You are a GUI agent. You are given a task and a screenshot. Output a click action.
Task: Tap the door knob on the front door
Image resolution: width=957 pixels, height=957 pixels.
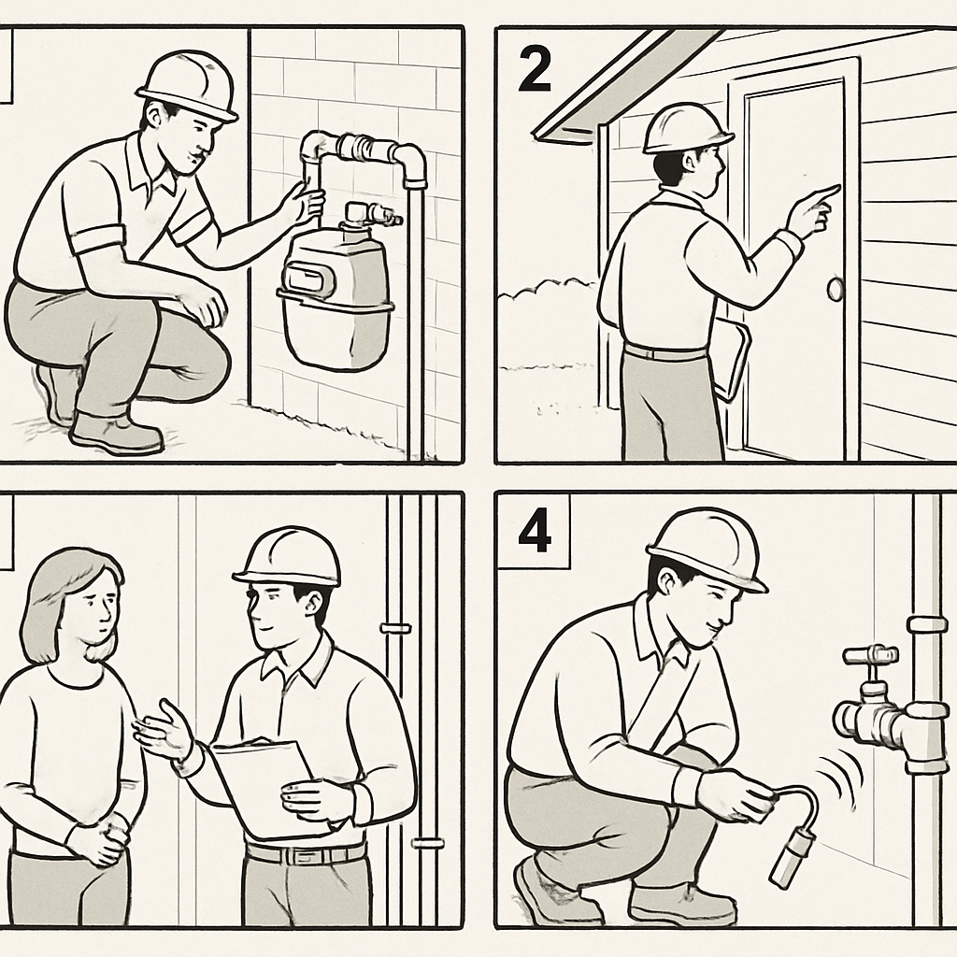835,291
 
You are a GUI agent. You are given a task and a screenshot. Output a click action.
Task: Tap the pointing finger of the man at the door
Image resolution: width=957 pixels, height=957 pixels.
827,193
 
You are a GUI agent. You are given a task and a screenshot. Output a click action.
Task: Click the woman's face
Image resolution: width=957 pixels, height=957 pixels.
93,607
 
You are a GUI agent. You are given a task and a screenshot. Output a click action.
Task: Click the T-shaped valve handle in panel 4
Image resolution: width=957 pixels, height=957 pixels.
869,655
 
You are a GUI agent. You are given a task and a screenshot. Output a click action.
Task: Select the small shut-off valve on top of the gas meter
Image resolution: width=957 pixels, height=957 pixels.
371,216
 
